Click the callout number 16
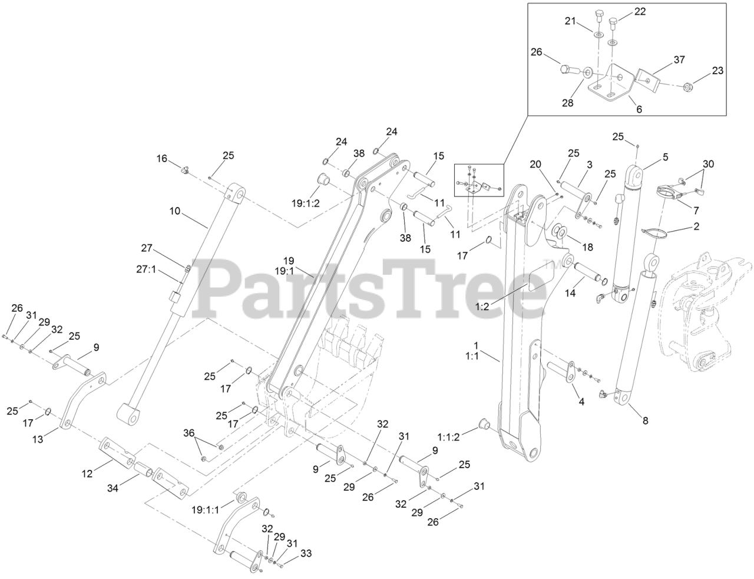pyautogui.click(x=161, y=159)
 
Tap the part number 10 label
pyautogui.click(x=175, y=210)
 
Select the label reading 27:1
pyautogui.click(x=146, y=270)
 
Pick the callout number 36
pyautogui.click(x=188, y=432)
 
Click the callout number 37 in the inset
pyautogui.click(x=679, y=60)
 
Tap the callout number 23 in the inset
pyautogui.click(x=717, y=71)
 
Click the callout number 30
pyautogui.click(x=707, y=163)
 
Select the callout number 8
pyautogui.click(x=645, y=421)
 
